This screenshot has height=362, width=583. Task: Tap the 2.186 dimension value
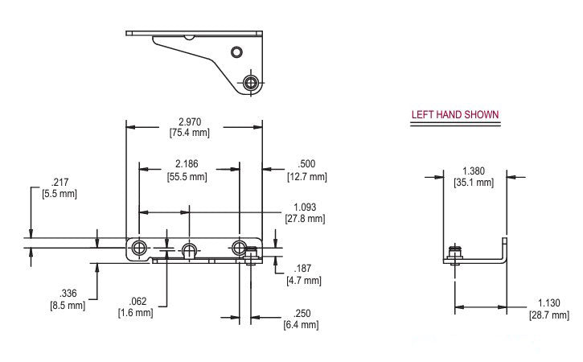pyautogui.click(x=187, y=164)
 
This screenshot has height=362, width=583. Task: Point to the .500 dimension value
pyautogui.click(x=306, y=164)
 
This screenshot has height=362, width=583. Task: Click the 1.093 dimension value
pyautogui.click(x=305, y=207)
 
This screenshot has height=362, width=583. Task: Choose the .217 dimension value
pyautogui.click(x=60, y=181)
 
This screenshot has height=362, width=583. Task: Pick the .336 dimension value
pyautogui.click(x=64, y=294)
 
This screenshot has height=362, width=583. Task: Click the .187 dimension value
pyautogui.click(x=303, y=268)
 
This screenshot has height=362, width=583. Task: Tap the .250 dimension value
pyautogui.click(x=301, y=313)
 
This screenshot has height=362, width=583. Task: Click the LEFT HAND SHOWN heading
pyautogui.click(x=455, y=114)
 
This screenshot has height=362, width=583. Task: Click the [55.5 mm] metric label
pyautogui.click(x=187, y=175)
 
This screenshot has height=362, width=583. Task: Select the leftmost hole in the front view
pyautogui.click(x=140, y=246)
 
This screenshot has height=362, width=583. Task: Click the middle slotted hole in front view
pyautogui.click(x=190, y=248)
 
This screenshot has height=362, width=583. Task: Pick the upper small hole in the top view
pyautogui.click(x=236, y=52)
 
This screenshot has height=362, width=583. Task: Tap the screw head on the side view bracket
pyautogui.click(x=456, y=253)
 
